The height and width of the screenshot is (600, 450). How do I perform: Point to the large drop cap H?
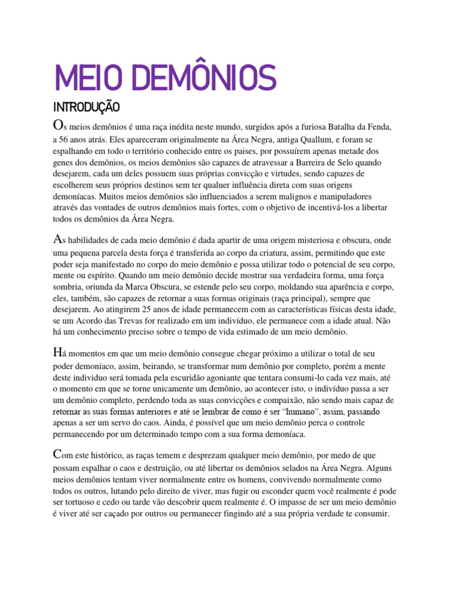57,353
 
